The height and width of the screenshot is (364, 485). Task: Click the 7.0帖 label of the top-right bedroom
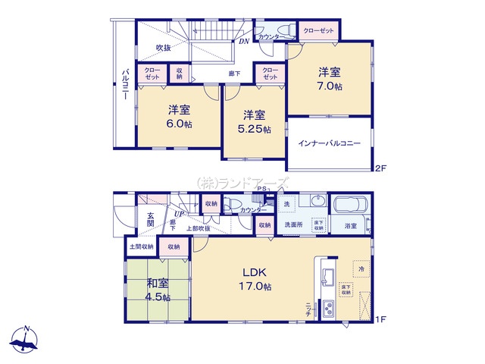[x=330, y=87]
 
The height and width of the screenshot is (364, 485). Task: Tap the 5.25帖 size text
[x=254, y=130]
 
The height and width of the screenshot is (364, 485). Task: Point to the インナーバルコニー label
[x=329, y=143]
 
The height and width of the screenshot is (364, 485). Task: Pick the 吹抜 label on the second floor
[x=164, y=49]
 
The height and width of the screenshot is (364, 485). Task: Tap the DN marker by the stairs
[x=244, y=42]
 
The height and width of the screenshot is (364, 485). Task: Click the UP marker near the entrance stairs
[x=177, y=215]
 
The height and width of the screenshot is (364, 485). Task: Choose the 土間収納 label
[x=141, y=246]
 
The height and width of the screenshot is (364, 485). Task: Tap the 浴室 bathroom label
[x=352, y=226]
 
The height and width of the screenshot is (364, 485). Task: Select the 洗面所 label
[x=294, y=225]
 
